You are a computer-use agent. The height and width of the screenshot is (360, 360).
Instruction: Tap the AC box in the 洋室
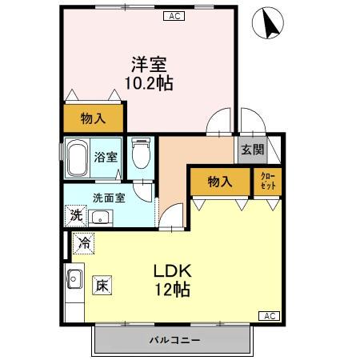point(174,14)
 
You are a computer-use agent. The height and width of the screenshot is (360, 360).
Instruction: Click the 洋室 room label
point(150,63)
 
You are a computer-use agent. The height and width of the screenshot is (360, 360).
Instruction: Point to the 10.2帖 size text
point(149,82)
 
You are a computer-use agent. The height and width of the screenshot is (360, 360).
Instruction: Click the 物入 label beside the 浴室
point(94,119)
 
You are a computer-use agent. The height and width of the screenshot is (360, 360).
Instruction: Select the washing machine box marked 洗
point(76,214)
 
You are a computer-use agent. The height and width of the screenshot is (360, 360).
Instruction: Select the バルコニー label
point(174,341)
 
